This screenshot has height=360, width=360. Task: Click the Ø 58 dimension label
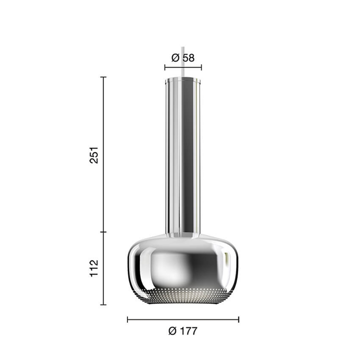pos(183,57)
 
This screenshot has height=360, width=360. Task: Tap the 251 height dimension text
pos(94,155)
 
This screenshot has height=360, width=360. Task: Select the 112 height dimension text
pos(94,268)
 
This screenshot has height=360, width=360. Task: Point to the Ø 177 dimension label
pos(183,331)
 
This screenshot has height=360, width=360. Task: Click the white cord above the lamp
pos(183,61)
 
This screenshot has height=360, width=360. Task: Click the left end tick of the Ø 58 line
pos(165,67)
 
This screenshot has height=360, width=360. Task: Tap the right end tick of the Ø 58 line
pos(201,67)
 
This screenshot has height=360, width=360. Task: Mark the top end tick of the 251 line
pos(103,77)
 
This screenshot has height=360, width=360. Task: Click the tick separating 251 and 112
pos(103,232)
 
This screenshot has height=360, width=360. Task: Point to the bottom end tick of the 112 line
pos(103,304)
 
